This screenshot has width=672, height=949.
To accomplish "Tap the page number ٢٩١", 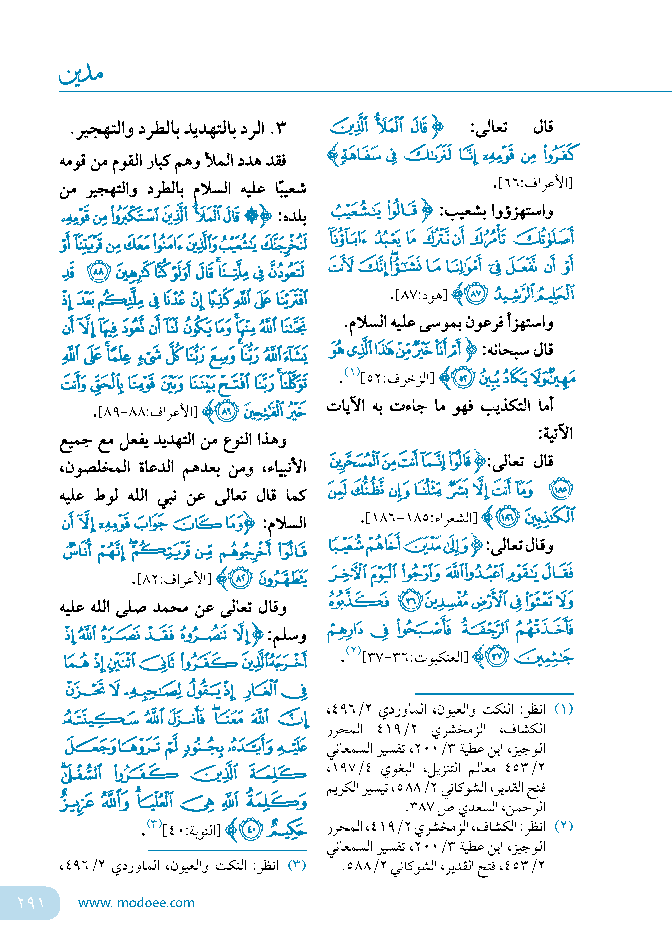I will (x=30, y=903).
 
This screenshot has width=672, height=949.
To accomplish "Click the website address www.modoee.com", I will (x=136, y=903).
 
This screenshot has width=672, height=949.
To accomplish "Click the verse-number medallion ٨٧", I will (x=475, y=294).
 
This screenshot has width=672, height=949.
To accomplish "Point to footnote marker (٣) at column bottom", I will (x=297, y=866).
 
